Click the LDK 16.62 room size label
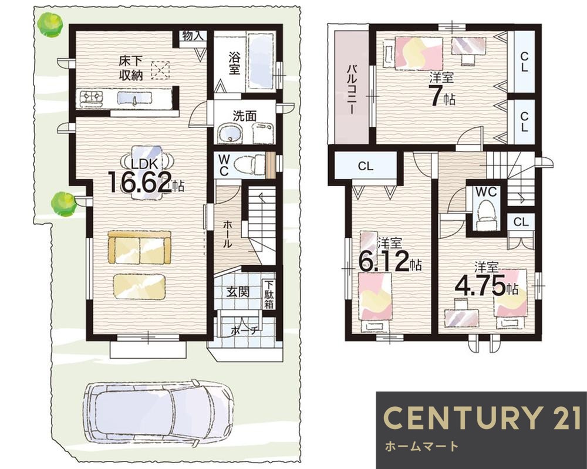(146, 176)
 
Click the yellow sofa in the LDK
(139, 247)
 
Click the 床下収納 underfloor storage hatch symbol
(160, 70)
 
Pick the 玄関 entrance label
(237, 292)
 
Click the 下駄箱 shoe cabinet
(269, 295)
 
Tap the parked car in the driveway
(158, 414)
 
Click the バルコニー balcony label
(351, 89)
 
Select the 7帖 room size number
(442, 97)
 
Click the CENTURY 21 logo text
(482, 418)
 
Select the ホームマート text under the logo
(421, 446)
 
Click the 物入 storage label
(193, 36)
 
